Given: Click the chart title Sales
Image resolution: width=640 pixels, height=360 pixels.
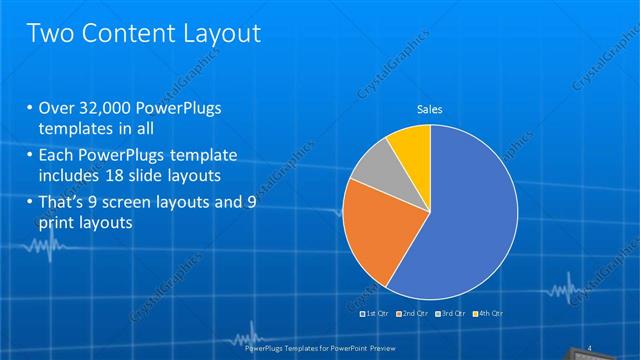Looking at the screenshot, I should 430,109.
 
